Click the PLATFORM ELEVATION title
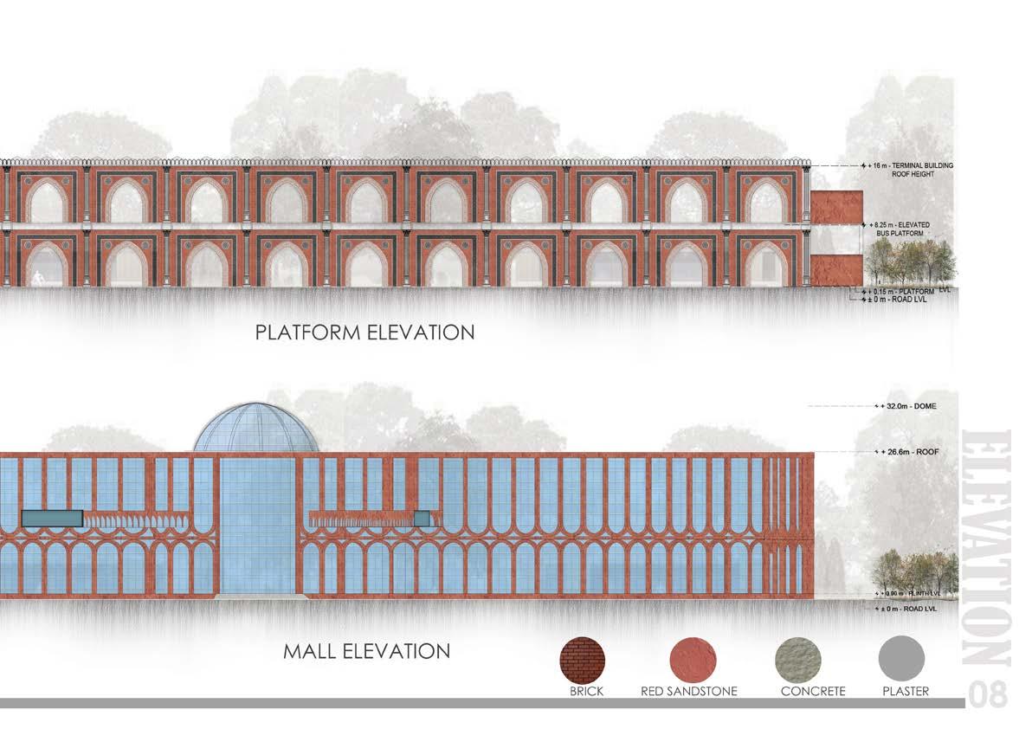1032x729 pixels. [364, 332]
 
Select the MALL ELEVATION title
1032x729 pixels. [366, 650]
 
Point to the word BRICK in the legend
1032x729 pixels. [586, 692]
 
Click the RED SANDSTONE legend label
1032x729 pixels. [690, 692]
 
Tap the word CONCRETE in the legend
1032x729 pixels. [812, 692]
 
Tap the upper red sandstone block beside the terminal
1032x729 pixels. [837, 208]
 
